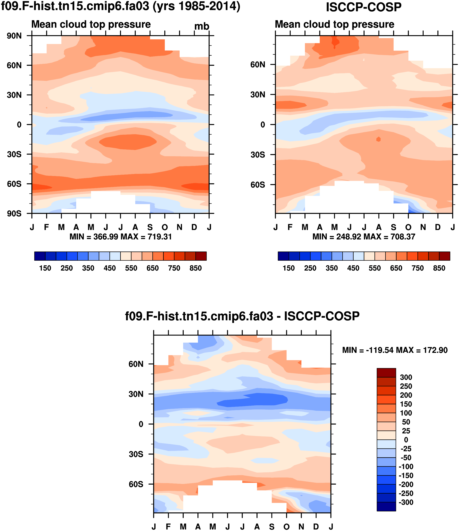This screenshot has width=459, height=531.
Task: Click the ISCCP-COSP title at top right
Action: pyautogui.click(x=364, y=7)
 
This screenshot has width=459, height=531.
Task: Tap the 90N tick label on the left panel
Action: pyautogui.click(x=14, y=36)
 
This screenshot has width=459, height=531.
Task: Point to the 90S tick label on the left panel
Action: pyautogui.click(x=14, y=214)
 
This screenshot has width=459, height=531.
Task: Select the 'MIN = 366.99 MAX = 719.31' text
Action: pyautogui.click(x=120, y=237)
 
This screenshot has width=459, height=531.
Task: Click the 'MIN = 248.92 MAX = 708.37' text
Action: pyautogui.click(x=364, y=237)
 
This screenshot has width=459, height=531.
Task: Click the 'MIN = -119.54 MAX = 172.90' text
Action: pyautogui.click(x=395, y=350)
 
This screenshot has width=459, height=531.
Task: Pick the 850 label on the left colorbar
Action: pyautogui.click(x=196, y=268)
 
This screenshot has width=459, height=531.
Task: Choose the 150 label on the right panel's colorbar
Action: pyautogui.click(x=289, y=268)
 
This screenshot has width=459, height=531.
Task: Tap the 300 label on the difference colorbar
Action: pyautogui.click(x=406, y=377)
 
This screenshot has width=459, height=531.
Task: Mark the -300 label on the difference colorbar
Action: pyautogui.click(x=406, y=502)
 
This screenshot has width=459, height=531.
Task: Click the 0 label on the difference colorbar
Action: pyautogui.click(x=406, y=440)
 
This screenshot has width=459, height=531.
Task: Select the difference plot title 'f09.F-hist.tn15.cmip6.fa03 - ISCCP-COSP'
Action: pyautogui.click(x=242, y=316)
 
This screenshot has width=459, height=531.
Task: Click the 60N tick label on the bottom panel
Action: pyautogui.click(x=136, y=364)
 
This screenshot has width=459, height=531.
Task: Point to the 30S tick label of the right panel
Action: pyautogui.click(x=258, y=155)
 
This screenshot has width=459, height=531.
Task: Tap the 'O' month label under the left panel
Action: pyautogui.click(x=165, y=227)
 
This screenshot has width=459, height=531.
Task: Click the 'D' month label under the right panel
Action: pyautogui.click(x=438, y=227)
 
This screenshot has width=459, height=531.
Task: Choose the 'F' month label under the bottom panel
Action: pyautogui.click(x=168, y=527)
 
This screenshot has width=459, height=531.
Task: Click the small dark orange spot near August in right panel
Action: pyautogui.click(x=378, y=139)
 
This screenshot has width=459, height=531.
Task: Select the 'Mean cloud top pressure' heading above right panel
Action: pyautogui.click(x=334, y=24)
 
